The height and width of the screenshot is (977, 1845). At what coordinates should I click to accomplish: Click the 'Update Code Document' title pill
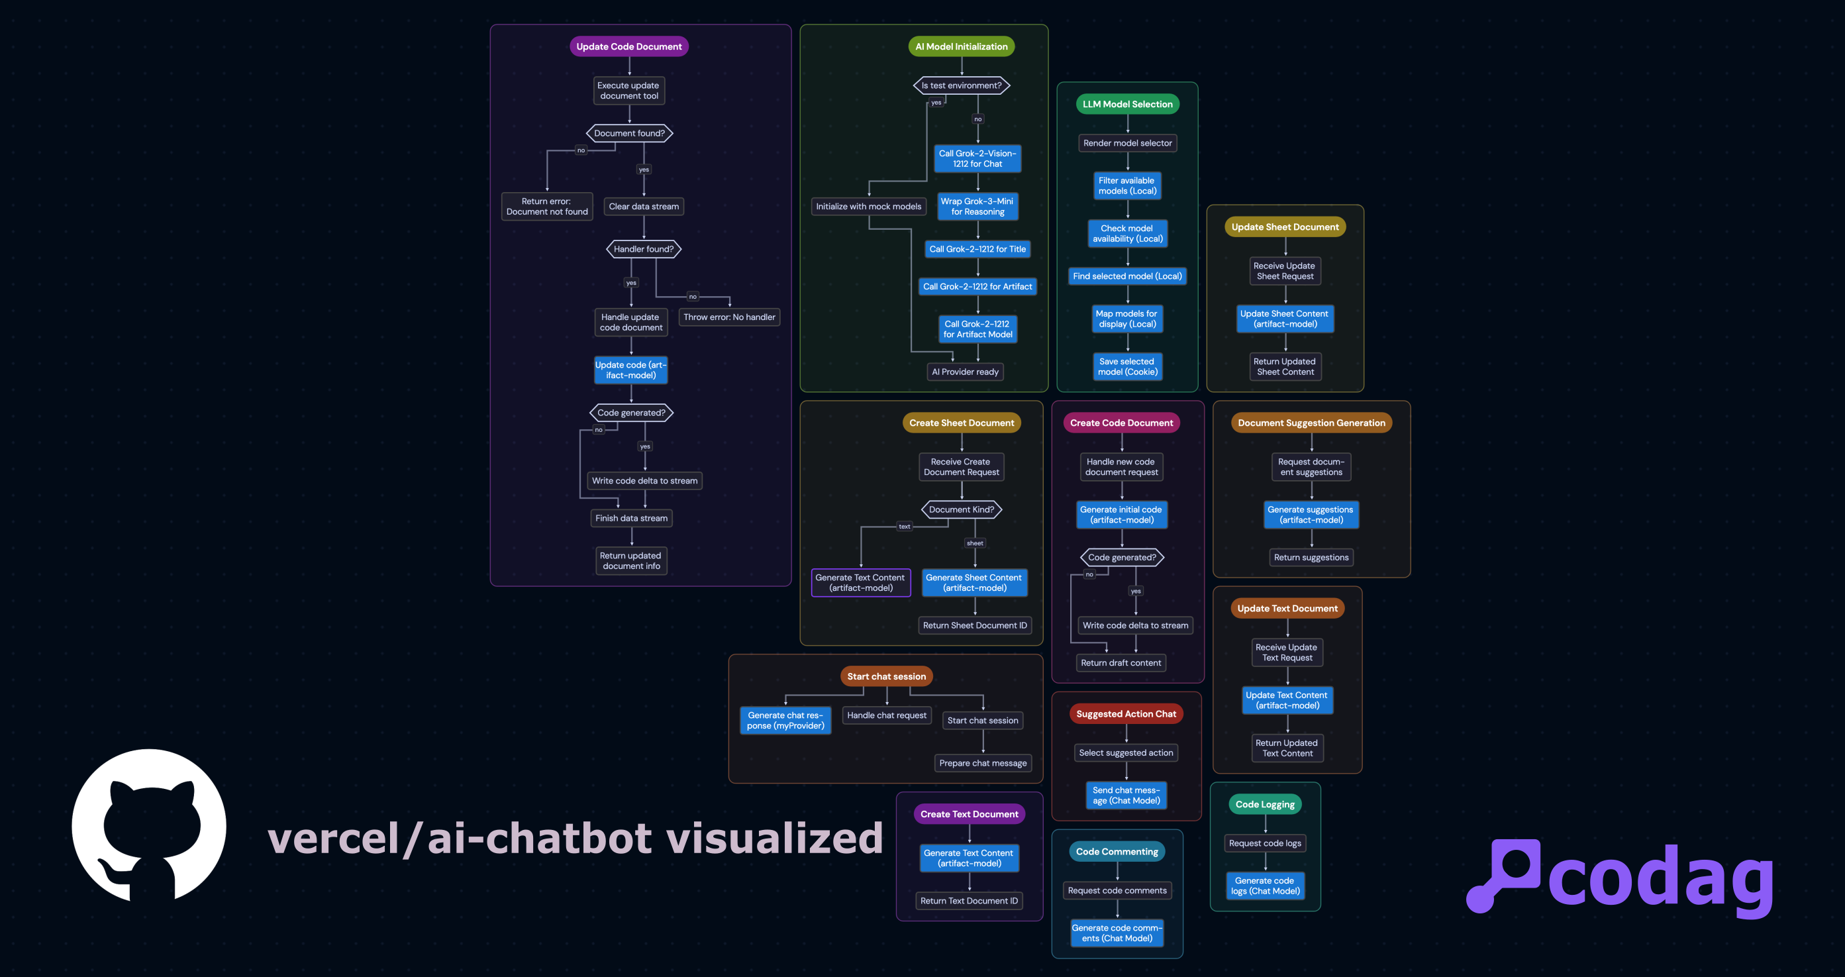tap(629, 46)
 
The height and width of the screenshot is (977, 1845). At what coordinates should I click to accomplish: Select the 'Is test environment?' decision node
tap(961, 85)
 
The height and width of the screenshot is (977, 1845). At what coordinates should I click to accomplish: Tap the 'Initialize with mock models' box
tap(868, 206)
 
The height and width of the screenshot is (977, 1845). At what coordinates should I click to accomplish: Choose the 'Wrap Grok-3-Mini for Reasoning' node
tap(977, 206)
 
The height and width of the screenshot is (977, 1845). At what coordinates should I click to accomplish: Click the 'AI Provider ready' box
tap(965, 372)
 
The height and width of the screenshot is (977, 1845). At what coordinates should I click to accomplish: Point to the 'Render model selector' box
tap(1127, 143)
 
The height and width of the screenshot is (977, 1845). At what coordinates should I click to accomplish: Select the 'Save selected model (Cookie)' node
tap(1127, 367)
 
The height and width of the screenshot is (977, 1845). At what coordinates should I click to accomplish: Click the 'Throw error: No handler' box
tap(729, 317)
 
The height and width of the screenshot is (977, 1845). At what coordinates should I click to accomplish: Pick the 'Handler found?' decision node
tap(643, 249)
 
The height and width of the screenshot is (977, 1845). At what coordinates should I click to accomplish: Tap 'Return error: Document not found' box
tap(547, 206)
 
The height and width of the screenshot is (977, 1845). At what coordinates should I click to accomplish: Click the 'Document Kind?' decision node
tap(961, 509)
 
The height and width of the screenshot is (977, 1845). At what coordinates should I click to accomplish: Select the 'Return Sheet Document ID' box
tap(975, 625)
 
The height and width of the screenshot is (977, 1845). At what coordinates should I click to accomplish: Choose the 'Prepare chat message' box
tap(983, 763)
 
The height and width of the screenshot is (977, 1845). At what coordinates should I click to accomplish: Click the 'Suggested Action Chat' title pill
tap(1126, 713)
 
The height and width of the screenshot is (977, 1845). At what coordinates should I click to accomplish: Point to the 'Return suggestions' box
tap(1311, 557)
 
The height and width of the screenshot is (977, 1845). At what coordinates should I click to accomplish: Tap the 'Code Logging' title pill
tap(1265, 804)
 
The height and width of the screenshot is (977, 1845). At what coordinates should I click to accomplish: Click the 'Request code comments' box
tap(1117, 890)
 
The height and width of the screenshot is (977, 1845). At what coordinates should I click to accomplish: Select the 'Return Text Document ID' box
tap(969, 900)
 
